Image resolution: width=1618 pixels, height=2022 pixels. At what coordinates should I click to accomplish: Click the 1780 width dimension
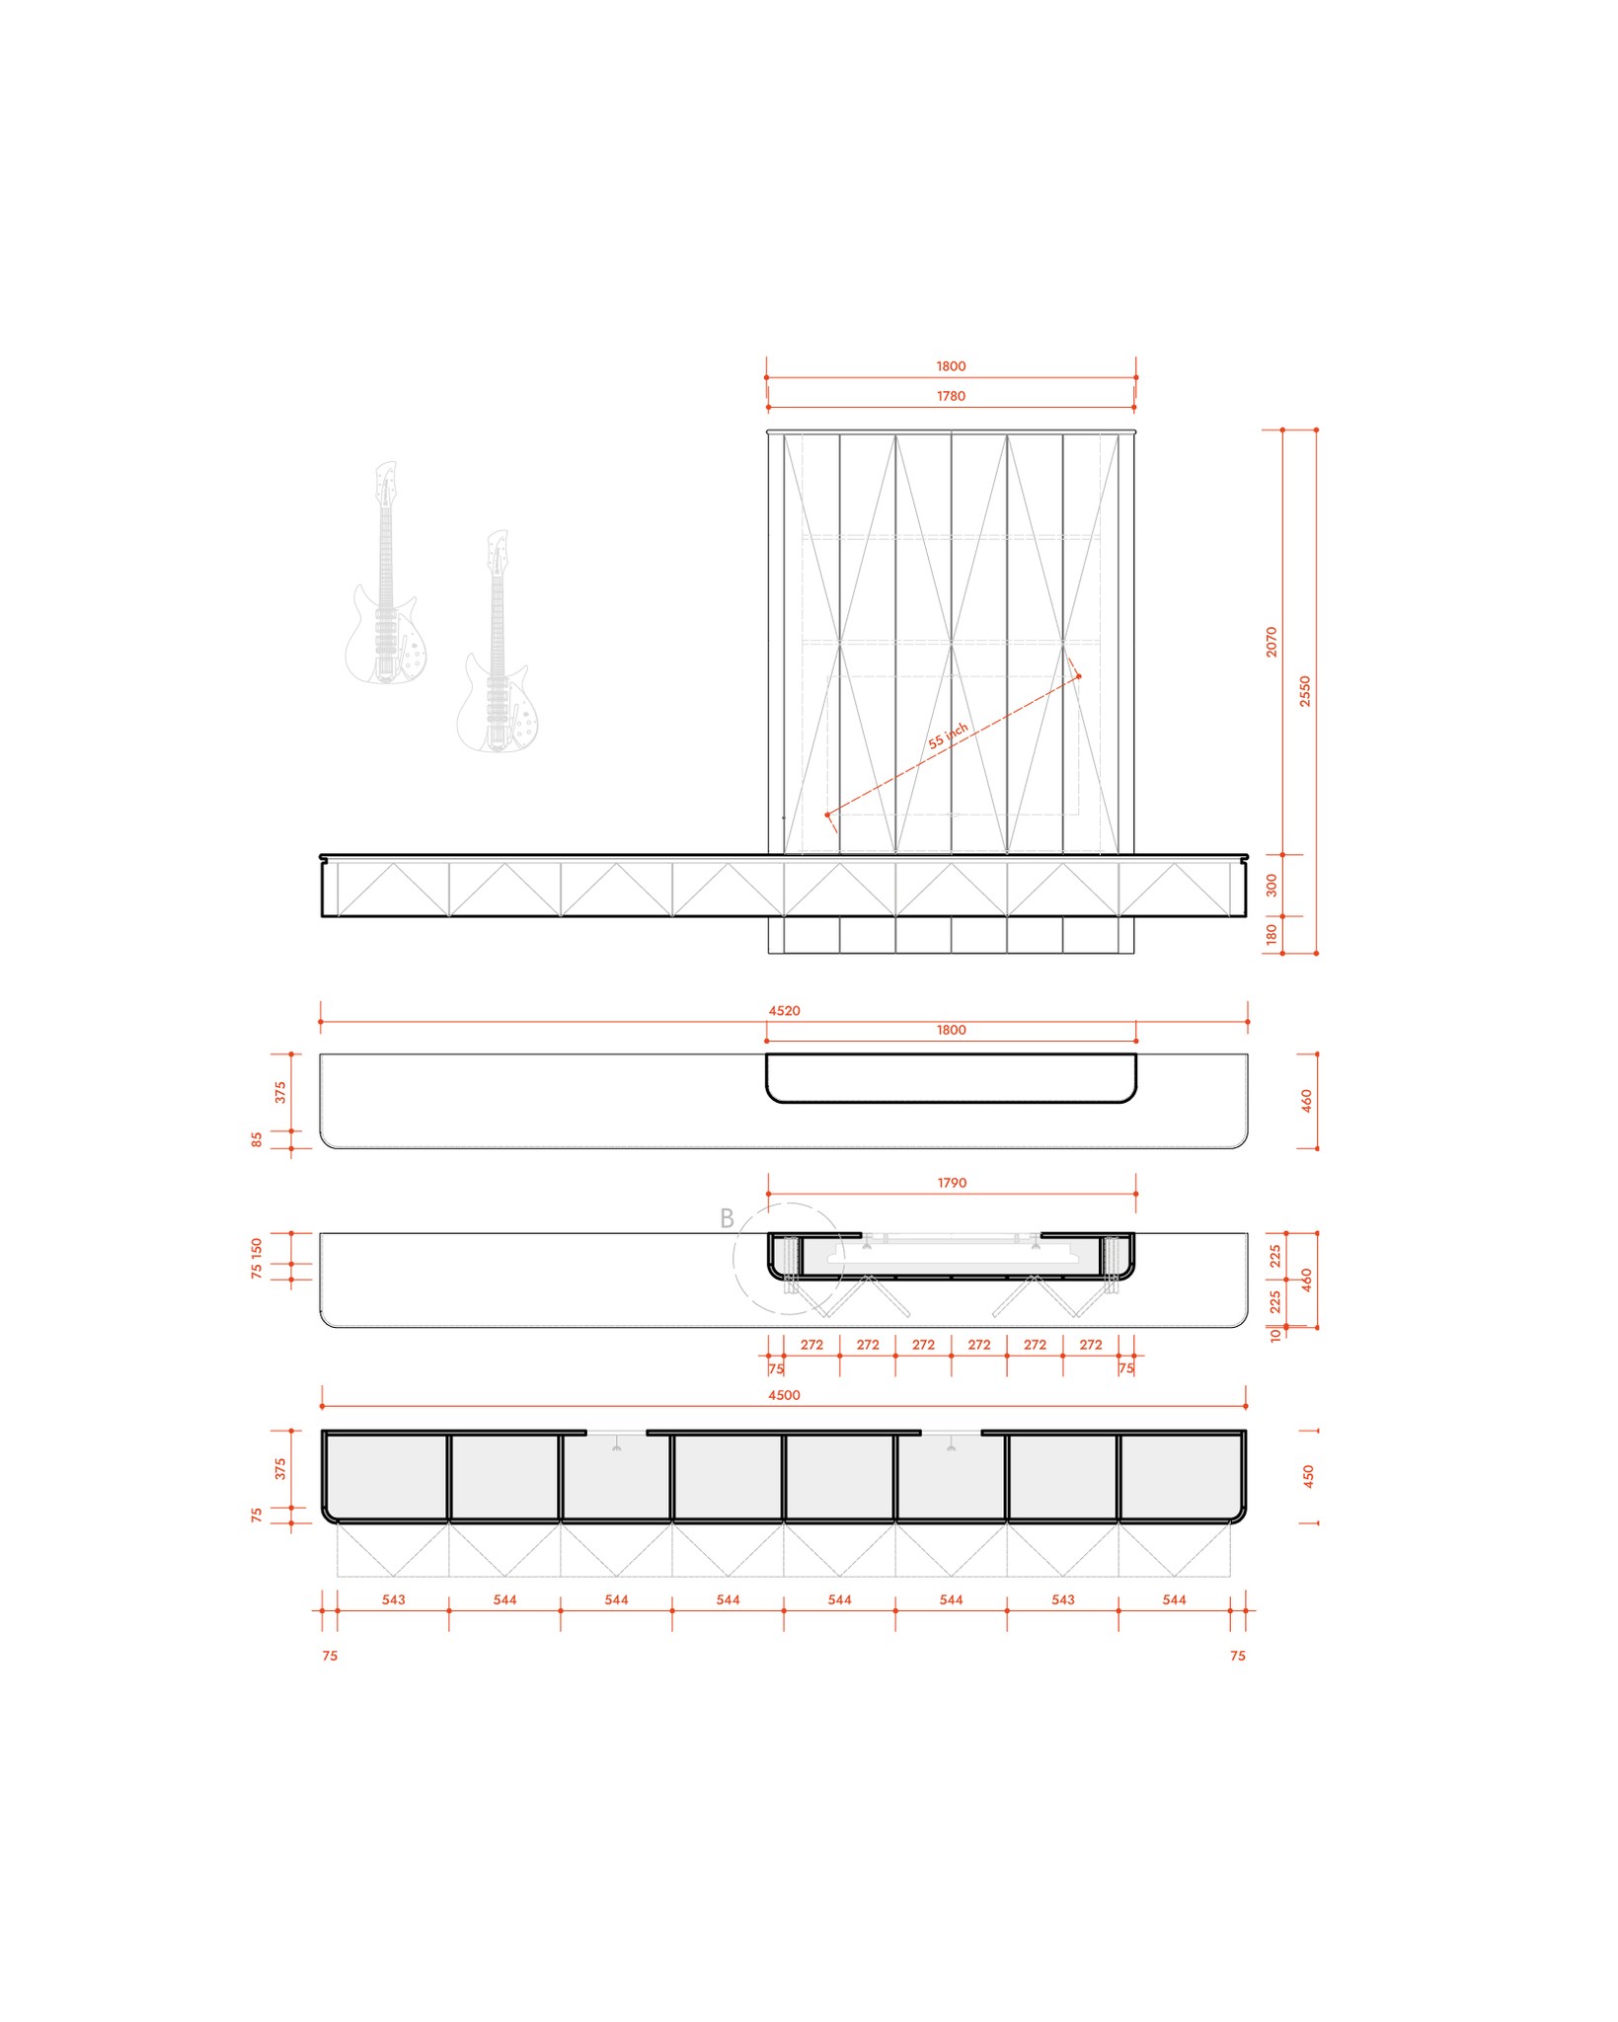click(951, 396)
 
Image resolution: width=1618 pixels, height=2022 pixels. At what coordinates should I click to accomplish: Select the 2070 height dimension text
click(1271, 642)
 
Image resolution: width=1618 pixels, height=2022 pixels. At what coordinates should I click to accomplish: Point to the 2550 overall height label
click(1305, 691)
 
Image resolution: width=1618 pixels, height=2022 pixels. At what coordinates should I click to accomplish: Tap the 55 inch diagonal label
click(948, 736)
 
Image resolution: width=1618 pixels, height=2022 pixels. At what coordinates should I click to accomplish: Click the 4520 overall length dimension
click(784, 1011)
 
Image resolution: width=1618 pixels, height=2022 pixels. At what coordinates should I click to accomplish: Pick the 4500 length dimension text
click(784, 1395)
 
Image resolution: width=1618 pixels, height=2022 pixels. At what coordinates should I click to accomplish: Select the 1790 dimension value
click(952, 1183)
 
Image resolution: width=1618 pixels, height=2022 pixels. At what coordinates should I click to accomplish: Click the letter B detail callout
click(727, 1219)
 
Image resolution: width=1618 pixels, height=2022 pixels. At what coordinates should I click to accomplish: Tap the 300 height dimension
click(1271, 885)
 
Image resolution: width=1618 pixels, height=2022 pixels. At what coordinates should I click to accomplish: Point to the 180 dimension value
click(1271, 934)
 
